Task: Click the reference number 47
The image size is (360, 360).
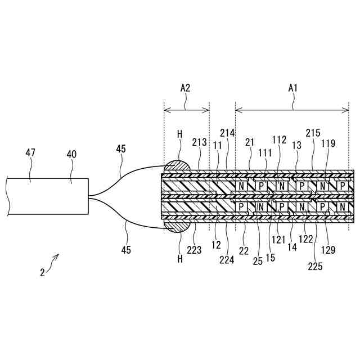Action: click(x=30, y=152)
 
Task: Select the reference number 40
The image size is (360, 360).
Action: click(x=71, y=154)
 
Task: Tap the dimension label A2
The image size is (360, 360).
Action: click(x=185, y=88)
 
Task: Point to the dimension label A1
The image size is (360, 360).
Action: click(x=292, y=88)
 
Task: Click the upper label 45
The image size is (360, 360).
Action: click(x=121, y=148)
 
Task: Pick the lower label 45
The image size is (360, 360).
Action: click(x=126, y=250)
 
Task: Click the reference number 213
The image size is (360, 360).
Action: click(x=200, y=142)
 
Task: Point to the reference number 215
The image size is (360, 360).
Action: click(x=313, y=133)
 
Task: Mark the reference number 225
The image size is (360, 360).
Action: click(x=316, y=267)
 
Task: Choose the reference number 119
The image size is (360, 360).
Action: click(x=329, y=143)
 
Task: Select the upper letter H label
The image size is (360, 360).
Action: click(x=180, y=134)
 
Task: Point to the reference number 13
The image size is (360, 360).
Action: click(x=297, y=145)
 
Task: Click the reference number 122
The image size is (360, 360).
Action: click(x=306, y=247)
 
